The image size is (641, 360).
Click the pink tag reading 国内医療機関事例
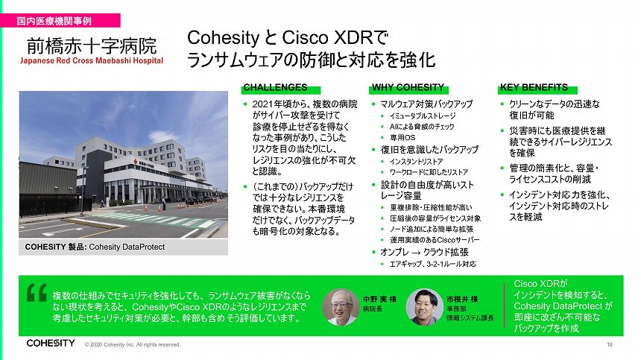tap(60, 20)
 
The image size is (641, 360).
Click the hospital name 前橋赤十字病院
tap(92, 45)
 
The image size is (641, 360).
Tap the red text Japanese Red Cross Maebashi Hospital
tap(92, 61)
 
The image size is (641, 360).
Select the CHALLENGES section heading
tap(276, 87)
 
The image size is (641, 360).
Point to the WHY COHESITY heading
tap(408, 87)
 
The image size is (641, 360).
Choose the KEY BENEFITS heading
tap(534, 87)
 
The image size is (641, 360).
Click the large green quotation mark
tap(37, 293)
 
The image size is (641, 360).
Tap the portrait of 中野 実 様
tap(341, 307)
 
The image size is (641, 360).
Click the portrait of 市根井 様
tap(424, 307)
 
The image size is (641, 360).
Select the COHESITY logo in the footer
tap(51, 344)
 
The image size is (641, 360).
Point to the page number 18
tap(610, 344)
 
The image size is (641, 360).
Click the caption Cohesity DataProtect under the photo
tap(127, 247)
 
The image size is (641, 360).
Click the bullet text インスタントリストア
tap(416, 162)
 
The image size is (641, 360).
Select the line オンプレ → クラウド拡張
tap(424, 252)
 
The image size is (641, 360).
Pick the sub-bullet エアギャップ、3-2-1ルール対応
tap(433, 264)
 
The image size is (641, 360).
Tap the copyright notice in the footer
tap(133, 344)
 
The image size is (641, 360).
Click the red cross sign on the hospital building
tap(135, 162)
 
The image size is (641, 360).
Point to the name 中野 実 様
tap(380, 300)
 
